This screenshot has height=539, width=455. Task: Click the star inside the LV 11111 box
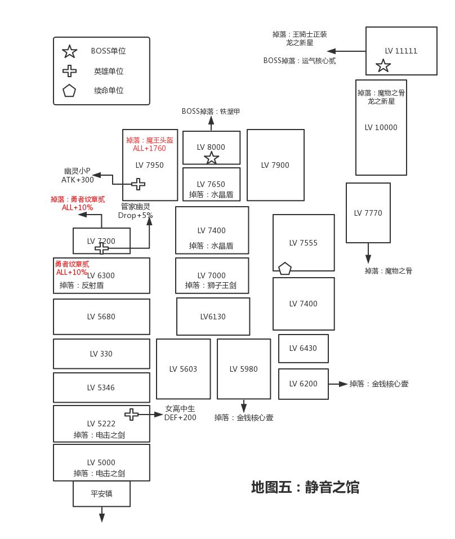tap(383, 66)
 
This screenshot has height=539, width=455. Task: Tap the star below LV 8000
tap(211, 158)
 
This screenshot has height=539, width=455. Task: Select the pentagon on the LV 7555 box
tap(285, 268)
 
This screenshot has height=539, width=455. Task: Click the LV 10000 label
tap(381, 127)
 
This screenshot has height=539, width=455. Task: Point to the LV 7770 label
tap(368, 213)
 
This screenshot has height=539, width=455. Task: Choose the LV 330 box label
tap(101, 354)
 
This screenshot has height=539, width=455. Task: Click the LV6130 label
tap(213, 317)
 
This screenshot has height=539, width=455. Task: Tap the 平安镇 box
tap(101, 493)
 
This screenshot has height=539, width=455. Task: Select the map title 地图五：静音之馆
tap(305, 487)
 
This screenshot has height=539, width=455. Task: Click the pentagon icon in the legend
tap(69, 91)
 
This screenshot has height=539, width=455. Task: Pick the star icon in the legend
tap(69, 52)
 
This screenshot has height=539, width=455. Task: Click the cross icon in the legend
tap(69, 71)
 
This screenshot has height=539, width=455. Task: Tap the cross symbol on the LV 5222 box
tap(131, 415)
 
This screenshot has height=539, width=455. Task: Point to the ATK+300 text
tap(78, 180)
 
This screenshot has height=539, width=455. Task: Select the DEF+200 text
tap(180, 417)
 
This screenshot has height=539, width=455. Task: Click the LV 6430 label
tap(303, 348)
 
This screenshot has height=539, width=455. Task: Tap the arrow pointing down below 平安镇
tap(102, 515)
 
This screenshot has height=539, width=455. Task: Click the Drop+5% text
tap(135, 215)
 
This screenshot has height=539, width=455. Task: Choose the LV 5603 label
tap(183, 369)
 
